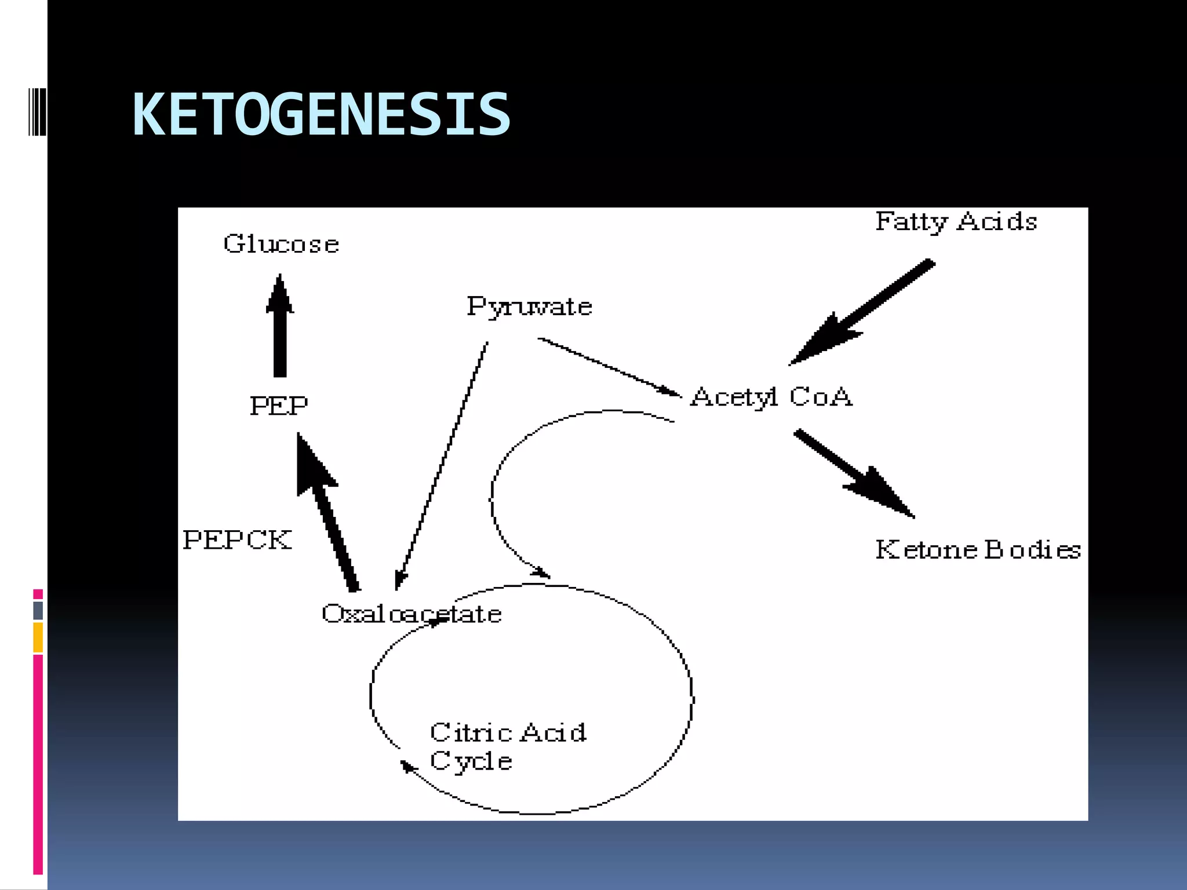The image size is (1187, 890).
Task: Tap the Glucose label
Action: (x=281, y=244)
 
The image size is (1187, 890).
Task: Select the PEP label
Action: (x=279, y=406)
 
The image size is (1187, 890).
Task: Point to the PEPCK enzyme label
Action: (x=237, y=540)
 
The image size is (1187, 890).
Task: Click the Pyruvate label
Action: (x=529, y=307)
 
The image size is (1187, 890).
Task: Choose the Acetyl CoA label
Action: (x=771, y=397)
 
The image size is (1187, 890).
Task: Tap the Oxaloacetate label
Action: (x=412, y=614)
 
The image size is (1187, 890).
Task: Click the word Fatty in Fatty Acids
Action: (x=911, y=222)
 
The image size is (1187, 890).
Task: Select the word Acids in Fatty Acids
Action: (x=997, y=221)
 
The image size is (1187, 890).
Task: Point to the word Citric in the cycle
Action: (x=471, y=732)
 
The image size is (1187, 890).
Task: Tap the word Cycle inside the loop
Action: (x=471, y=761)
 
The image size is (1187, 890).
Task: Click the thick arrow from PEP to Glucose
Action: (x=280, y=327)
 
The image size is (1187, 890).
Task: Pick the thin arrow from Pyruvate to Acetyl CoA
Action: (x=609, y=367)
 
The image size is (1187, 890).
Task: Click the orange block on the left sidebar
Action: (x=38, y=637)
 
